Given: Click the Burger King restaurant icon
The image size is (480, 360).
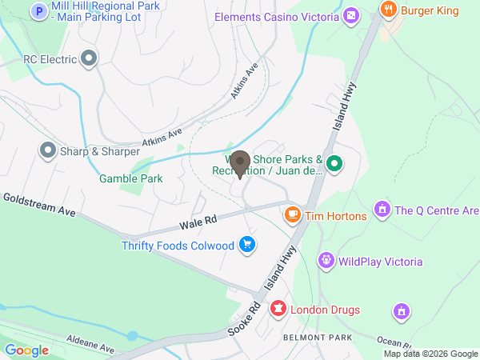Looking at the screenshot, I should tap(388, 10).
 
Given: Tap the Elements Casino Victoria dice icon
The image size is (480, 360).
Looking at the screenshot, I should tap(350, 16).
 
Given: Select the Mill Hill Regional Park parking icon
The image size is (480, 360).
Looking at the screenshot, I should tap(38, 11).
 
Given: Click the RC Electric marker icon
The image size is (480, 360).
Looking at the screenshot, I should tap(89, 58).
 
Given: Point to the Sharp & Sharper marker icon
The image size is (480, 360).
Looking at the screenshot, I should tap(47, 150).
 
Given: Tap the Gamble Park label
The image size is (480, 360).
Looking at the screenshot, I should tap(130, 178).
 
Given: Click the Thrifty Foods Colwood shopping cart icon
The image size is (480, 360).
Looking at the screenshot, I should tap(247, 245).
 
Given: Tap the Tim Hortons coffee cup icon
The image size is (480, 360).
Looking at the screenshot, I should tap(294, 214).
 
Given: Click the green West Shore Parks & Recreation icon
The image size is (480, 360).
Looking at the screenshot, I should tap(336, 165).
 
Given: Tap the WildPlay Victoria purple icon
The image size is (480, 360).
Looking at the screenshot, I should tap(325, 261).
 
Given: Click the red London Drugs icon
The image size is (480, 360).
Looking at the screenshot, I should tap(278, 309).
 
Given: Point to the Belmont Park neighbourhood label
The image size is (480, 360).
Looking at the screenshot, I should tap(318, 338).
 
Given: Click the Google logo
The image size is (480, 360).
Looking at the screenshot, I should tap(26, 350).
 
